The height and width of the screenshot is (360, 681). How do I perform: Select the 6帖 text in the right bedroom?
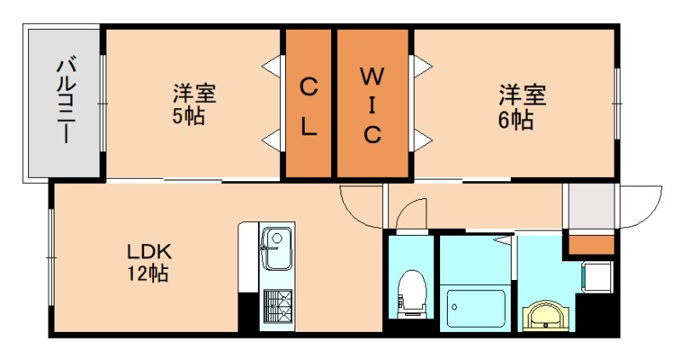point(516,120)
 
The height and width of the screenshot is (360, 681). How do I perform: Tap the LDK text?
point(150,252)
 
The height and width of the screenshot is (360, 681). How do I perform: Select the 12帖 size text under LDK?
point(150,274)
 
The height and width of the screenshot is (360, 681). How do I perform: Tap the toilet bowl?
point(411,287)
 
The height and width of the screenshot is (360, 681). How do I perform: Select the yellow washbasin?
point(544,315)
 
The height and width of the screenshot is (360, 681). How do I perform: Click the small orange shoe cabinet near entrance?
point(592,244)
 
